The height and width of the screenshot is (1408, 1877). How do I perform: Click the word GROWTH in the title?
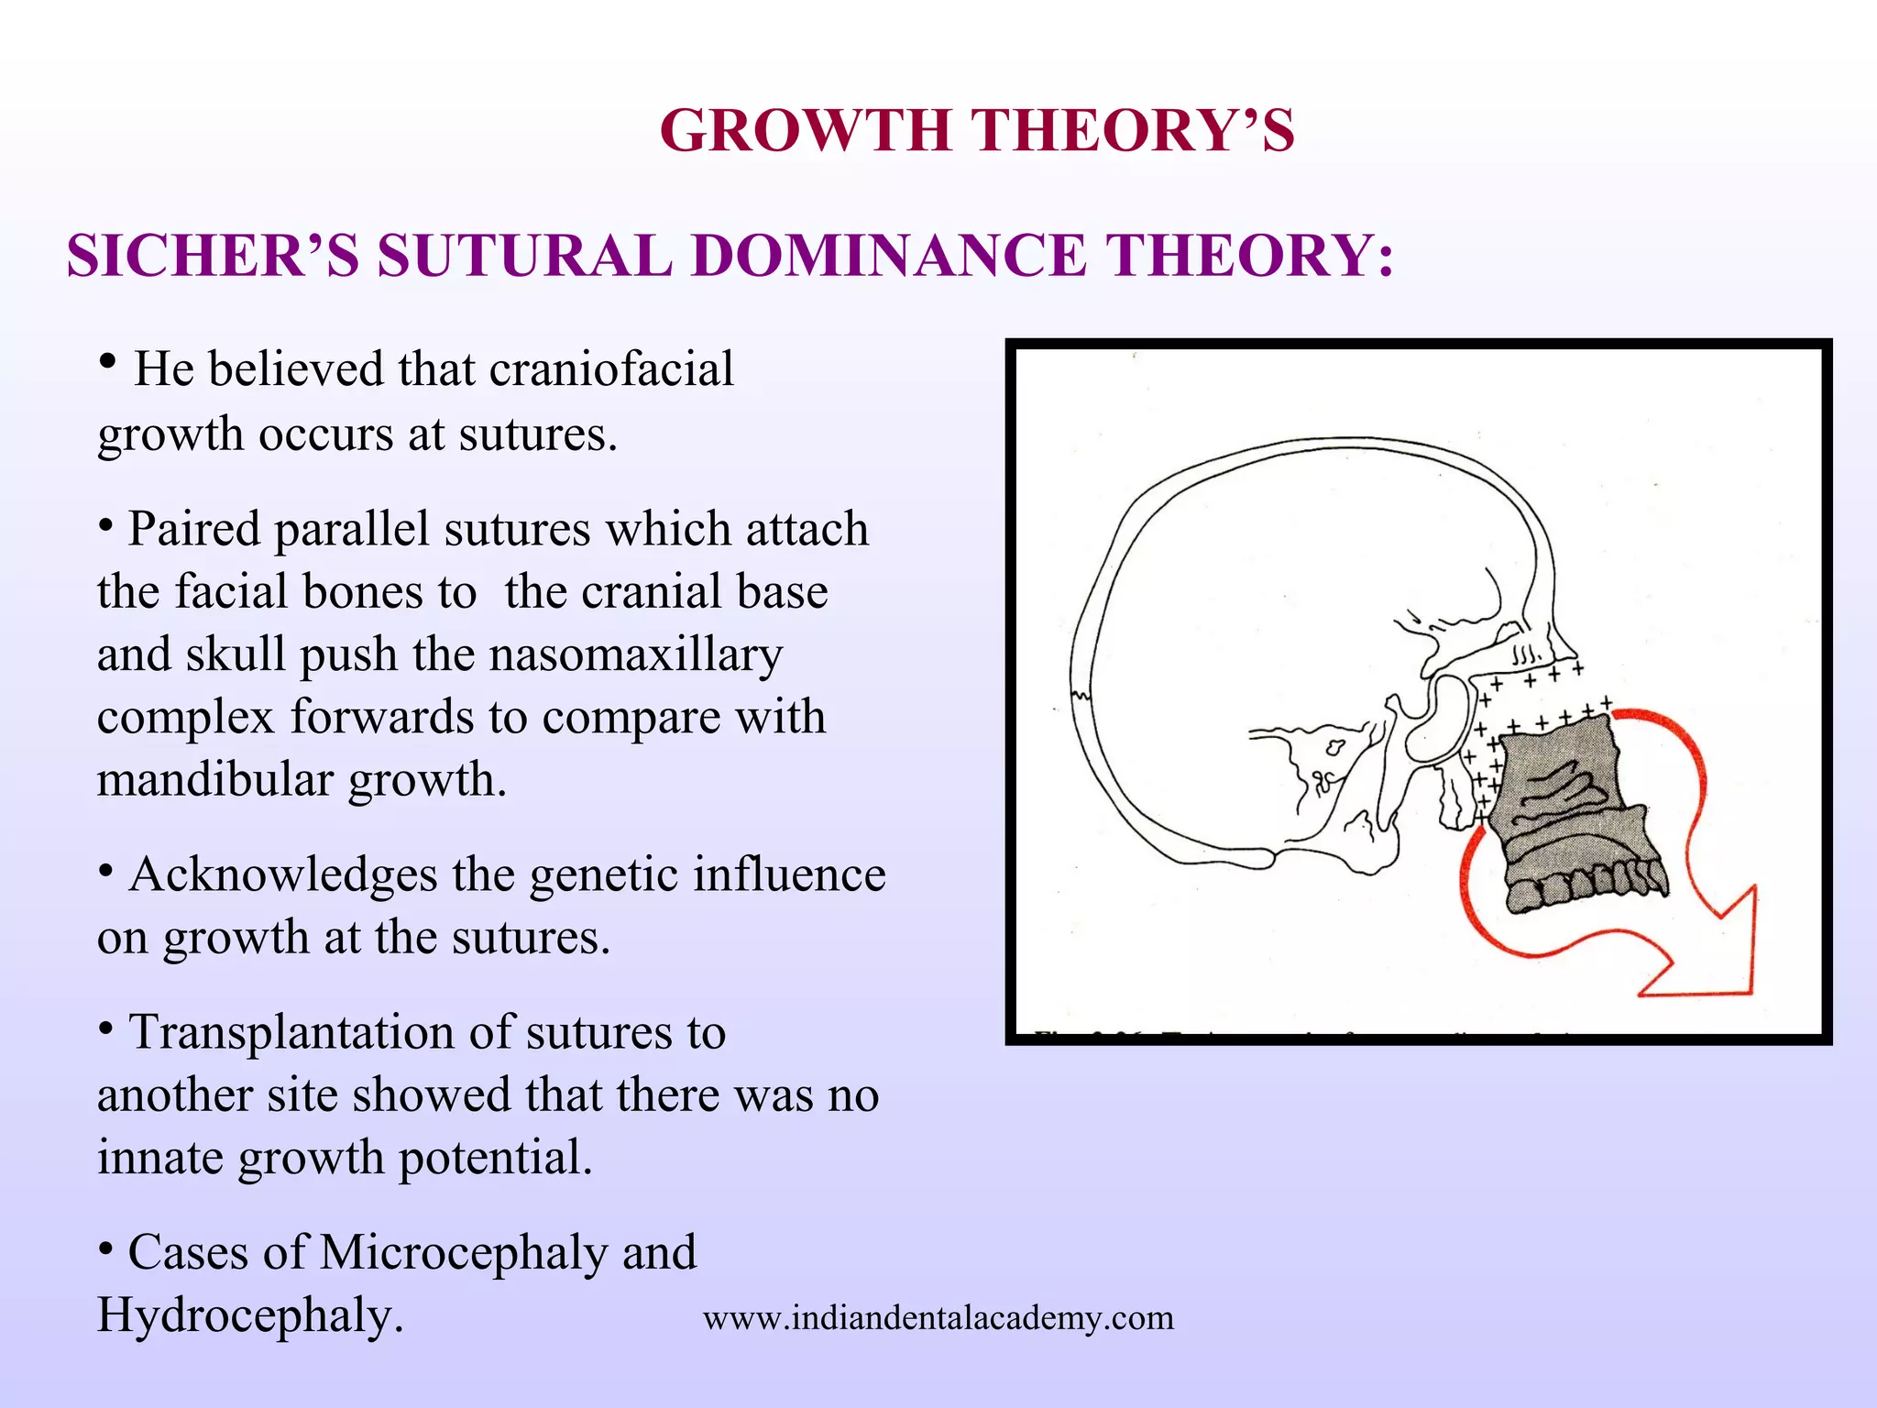point(807,130)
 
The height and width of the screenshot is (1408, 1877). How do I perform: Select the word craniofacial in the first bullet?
point(611,369)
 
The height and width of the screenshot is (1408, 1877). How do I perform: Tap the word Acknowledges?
point(283,874)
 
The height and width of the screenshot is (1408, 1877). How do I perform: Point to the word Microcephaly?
point(463,1253)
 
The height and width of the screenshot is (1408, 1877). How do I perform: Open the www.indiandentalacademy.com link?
point(938,1318)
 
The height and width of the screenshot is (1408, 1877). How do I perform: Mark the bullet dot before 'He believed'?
point(108,361)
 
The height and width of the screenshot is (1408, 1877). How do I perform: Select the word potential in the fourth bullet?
point(495,1158)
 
